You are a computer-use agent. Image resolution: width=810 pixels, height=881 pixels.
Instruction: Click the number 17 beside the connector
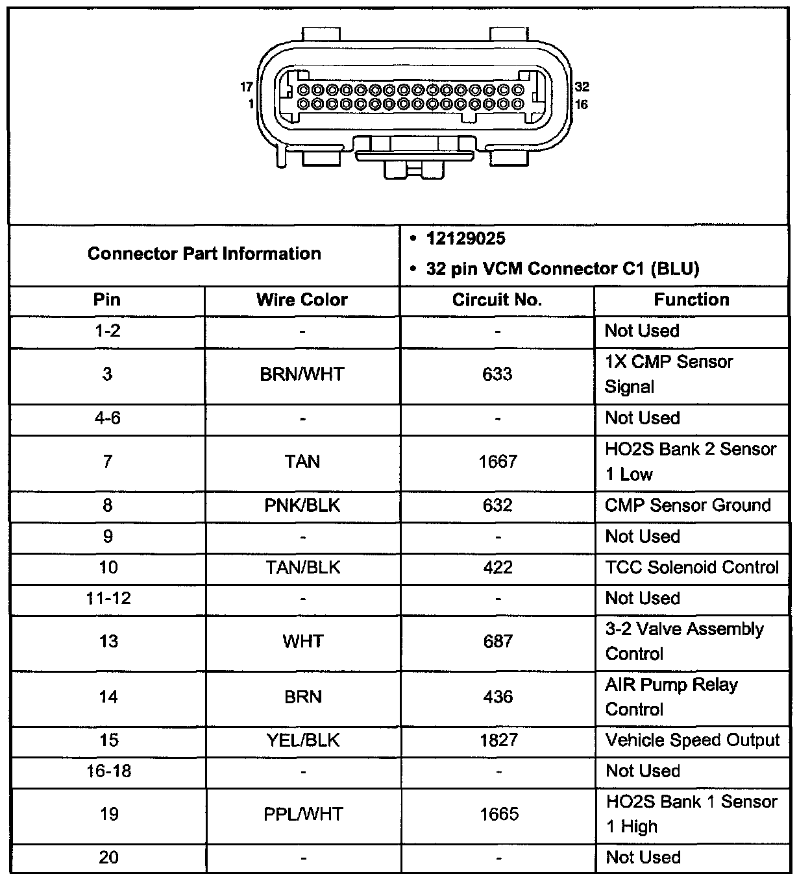coord(247,87)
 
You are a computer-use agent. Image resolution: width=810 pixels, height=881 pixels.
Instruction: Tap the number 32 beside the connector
coord(582,87)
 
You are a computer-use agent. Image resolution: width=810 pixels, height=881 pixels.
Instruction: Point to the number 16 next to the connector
coord(582,104)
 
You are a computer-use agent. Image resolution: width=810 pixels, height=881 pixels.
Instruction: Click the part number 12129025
coord(465,239)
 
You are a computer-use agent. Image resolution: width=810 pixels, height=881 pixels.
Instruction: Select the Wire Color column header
coord(302,300)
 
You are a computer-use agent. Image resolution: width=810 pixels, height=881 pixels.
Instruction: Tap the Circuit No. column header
coord(497,300)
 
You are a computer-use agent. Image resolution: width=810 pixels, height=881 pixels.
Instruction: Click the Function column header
coord(691,300)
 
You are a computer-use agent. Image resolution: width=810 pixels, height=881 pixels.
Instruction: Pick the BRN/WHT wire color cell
coord(302,374)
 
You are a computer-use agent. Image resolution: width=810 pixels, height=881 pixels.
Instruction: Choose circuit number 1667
coord(498,462)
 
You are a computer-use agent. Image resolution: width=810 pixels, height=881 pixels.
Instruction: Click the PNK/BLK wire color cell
coord(302,505)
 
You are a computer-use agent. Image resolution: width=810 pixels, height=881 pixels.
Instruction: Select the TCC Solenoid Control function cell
coord(691,568)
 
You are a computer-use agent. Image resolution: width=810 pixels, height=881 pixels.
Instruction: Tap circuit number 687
coord(498,642)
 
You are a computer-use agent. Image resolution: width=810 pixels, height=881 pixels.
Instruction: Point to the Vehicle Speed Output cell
coord(692,741)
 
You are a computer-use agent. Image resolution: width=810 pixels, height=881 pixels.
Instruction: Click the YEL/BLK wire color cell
coord(302,741)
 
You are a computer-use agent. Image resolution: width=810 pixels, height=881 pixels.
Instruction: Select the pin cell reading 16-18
coord(108,771)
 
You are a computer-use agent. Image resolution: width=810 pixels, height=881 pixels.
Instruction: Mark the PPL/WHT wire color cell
coord(302,814)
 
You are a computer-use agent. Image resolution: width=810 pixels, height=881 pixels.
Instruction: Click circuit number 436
coord(498,697)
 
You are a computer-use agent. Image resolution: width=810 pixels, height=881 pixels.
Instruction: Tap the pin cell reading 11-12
coord(108,598)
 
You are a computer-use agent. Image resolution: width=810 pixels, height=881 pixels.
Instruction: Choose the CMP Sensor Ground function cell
coord(687,505)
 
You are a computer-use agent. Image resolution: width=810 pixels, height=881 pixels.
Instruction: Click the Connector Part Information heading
coord(204,254)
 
